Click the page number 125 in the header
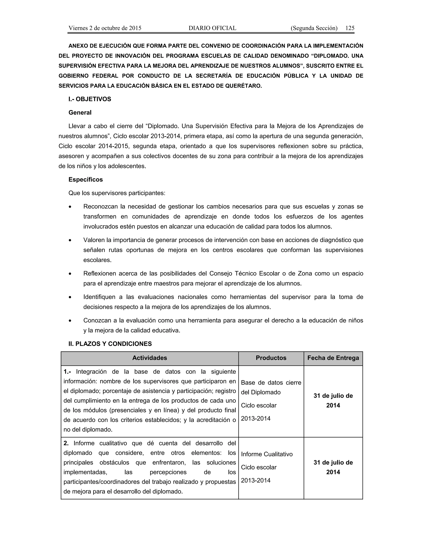point(350,28)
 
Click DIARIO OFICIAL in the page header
point(212,28)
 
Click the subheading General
point(80,112)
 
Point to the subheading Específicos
point(86,179)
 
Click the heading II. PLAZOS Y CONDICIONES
point(110,344)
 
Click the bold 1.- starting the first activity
point(67,371)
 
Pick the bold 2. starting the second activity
point(66,443)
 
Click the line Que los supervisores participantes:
point(117,193)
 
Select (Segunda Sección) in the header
point(314,28)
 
